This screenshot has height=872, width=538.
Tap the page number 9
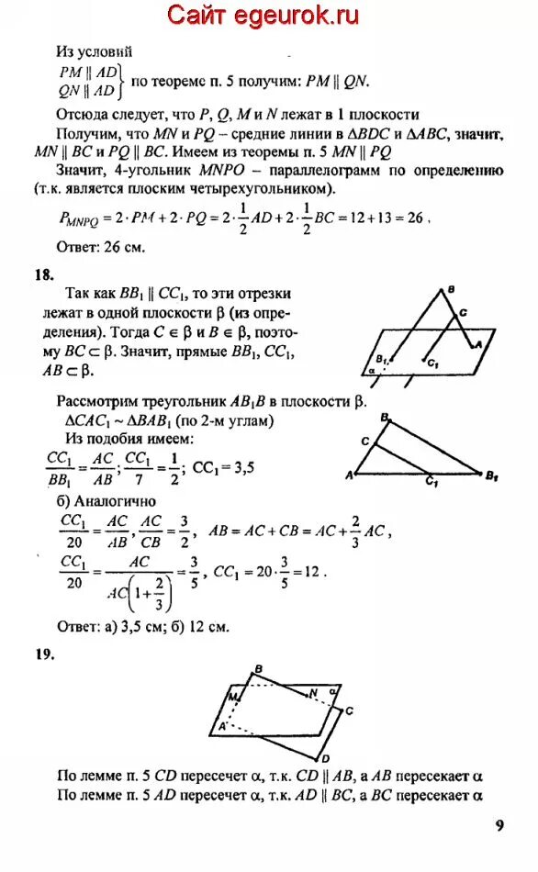[499, 825]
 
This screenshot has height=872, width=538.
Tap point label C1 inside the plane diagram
[432, 363]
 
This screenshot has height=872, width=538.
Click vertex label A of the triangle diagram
[350, 475]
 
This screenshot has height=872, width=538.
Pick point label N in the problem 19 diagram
[313, 691]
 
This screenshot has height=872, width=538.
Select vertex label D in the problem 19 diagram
[326, 759]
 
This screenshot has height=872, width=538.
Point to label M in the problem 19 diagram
[235, 699]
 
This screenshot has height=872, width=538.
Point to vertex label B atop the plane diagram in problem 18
[451, 292]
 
